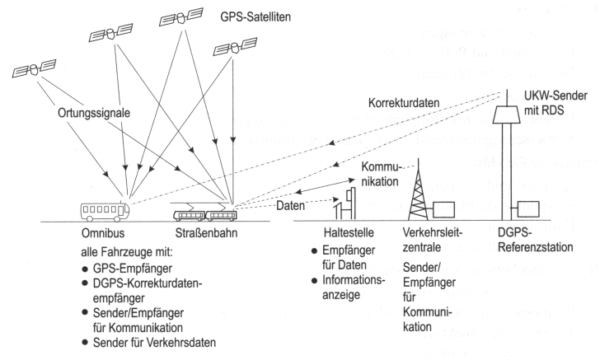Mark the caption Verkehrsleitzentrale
pyautogui.click(x=434, y=241)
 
